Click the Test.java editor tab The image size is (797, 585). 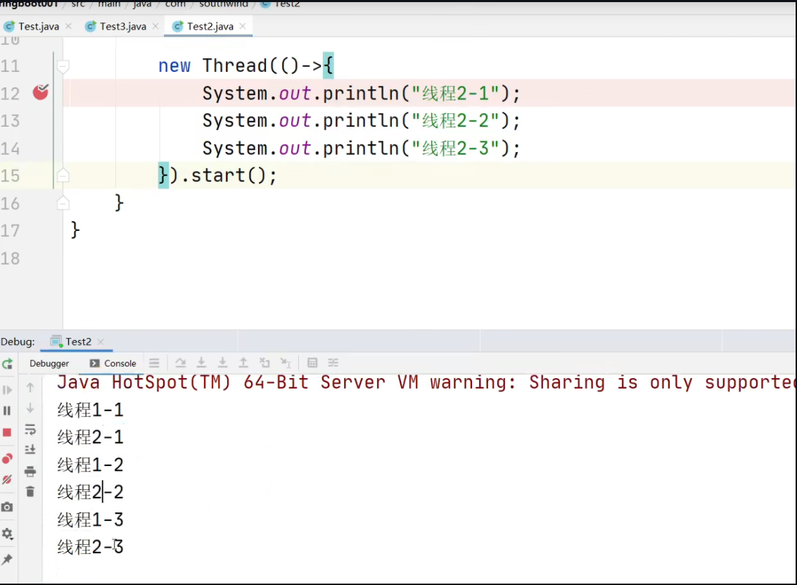(x=38, y=27)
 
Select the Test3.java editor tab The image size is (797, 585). (x=122, y=27)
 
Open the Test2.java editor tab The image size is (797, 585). (x=210, y=27)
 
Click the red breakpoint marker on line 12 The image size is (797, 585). (x=41, y=92)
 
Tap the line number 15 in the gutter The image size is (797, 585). (x=11, y=175)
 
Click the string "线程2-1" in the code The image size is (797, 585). (x=455, y=93)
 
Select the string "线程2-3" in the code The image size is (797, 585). (x=455, y=149)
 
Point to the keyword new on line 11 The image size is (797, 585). (x=174, y=66)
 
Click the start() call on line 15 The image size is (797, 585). (x=228, y=175)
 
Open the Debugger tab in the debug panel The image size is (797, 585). (x=49, y=363)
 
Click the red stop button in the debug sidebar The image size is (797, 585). (x=7, y=432)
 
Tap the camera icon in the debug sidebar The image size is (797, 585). (x=7, y=507)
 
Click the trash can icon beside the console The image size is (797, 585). (x=30, y=491)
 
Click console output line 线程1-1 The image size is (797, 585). (x=90, y=410)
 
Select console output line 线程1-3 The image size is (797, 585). (x=90, y=520)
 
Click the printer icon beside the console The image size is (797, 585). (x=30, y=471)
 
